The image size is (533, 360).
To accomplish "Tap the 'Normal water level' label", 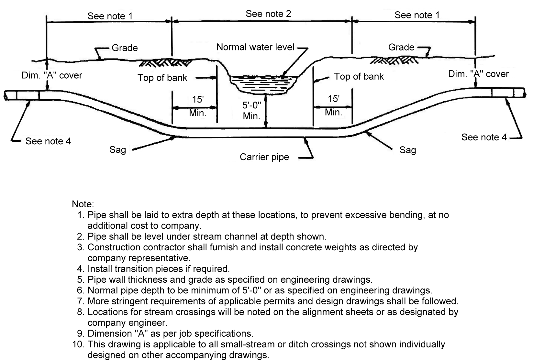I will (255, 47).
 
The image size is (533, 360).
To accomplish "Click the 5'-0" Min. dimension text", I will (251, 111).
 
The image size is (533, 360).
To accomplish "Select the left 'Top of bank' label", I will (162, 78).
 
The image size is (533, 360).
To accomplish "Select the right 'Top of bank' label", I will (359, 77).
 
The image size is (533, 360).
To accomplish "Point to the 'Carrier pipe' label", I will (264, 157).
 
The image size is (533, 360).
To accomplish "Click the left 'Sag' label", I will (117, 150).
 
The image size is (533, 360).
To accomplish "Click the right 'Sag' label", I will (407, 150).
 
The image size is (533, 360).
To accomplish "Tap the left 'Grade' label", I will (125, 48).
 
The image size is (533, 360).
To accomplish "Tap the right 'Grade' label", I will (401, 47).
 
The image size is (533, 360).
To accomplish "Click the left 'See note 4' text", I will (48, 141).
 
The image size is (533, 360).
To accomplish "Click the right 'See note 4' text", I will (484, 137).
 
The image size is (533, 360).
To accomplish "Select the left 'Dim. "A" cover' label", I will (52, 75).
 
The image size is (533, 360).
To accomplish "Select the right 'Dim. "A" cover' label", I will (478, 74).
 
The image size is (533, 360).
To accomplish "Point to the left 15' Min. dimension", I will (197, 106).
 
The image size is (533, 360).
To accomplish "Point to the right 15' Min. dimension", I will (333, 105).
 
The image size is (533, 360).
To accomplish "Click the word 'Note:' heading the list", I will (83, 204).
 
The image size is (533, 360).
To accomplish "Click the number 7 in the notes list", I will (80, 301).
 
